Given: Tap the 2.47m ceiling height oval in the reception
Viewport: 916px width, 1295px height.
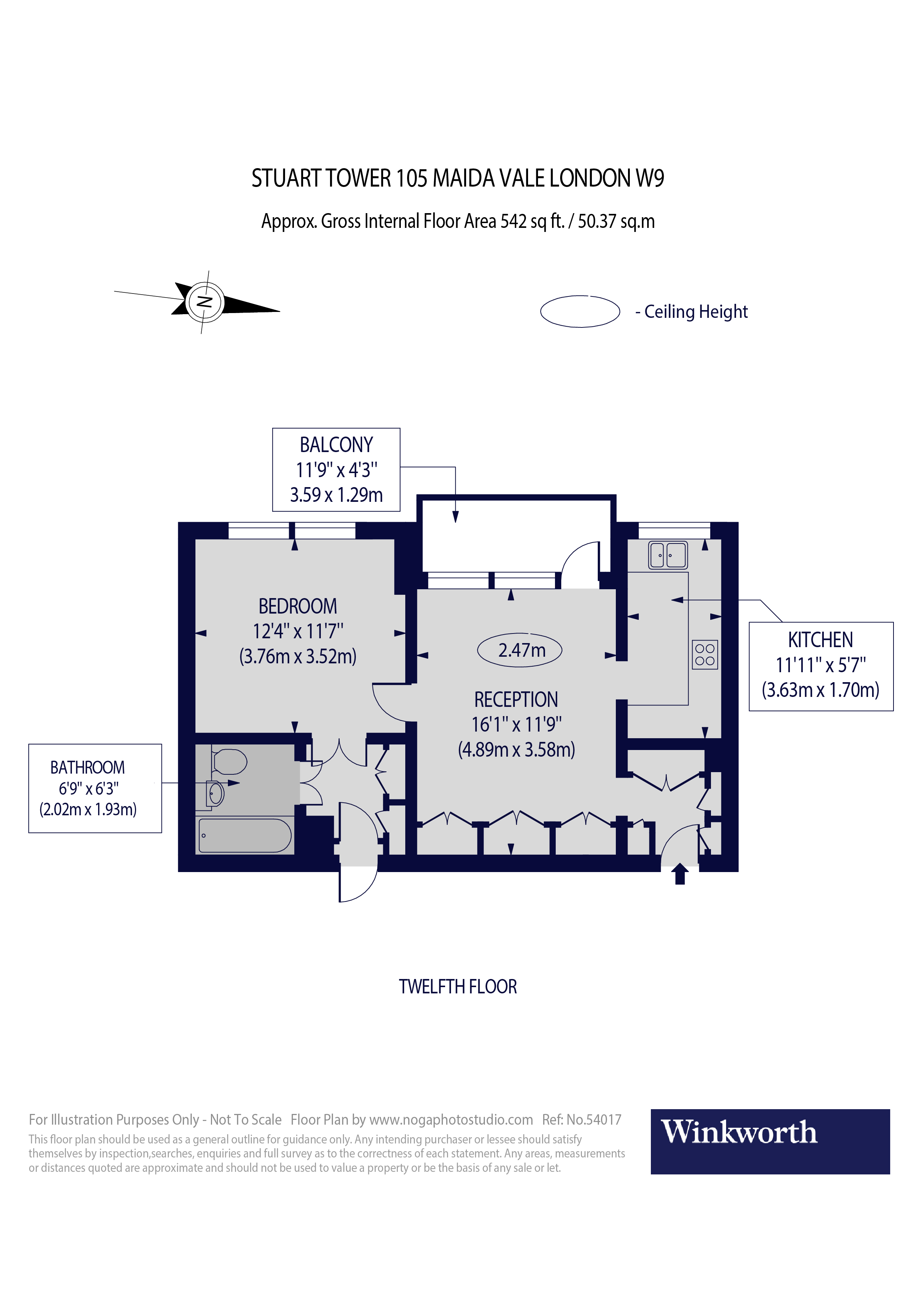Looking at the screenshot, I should click(x=520, y=650).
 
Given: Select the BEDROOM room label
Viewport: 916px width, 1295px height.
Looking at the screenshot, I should click(x=297, y=606).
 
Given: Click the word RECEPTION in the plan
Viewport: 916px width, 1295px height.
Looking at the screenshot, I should click(x=516, y=699).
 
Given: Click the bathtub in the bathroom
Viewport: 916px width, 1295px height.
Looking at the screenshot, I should click(x=245, y=835).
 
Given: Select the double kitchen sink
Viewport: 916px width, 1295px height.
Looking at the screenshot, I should click(x=668, y=555).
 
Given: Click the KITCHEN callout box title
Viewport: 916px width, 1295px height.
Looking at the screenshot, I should click(x=820, y=640).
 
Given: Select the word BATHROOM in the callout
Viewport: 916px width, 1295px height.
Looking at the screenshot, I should click(x=87, y=768).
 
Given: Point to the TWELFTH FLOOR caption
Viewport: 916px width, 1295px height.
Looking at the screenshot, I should click(x=457, y=986).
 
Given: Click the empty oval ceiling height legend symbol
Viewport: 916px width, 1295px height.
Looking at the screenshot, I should click(x=580, y=311).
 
